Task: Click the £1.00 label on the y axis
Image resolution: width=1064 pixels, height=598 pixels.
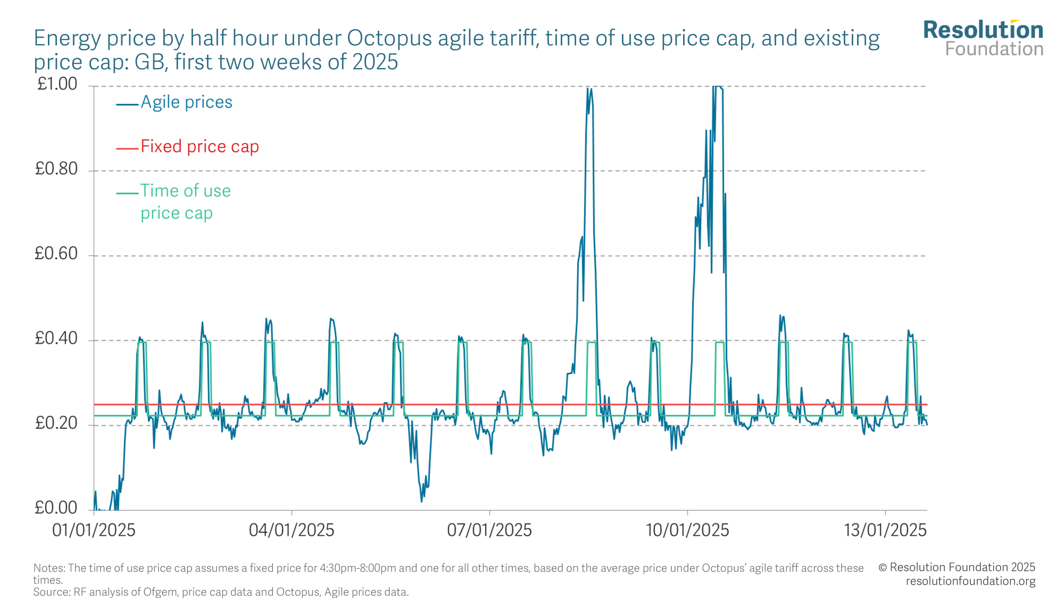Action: (x=57, y=84)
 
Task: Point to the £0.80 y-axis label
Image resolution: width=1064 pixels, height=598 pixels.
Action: (x=56, y=169)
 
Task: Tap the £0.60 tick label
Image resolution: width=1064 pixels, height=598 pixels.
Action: (x=56, y=254)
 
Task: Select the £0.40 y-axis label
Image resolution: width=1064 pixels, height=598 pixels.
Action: (x=56, y=339)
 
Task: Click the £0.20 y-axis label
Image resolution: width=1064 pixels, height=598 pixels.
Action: (x=56, y=424)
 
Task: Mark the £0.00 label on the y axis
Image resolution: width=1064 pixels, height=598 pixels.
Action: (x=56, y=508)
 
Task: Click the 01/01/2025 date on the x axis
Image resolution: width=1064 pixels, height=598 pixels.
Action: (x=94, y=530)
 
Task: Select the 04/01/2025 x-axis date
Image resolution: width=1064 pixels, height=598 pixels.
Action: (x=292, y=530)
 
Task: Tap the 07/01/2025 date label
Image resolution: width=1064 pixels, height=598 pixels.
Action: (x=489, y=530)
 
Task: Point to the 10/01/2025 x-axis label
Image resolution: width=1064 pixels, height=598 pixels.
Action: (x=687, y=530)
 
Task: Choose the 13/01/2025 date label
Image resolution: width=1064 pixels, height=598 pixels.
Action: (x=885, y=530)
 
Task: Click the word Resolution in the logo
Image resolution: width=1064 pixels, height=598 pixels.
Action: (x=983, y=30)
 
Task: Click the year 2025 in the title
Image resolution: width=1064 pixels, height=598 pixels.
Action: (x=375, y=62)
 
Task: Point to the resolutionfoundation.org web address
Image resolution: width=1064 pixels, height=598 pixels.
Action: (x=970, y=581)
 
